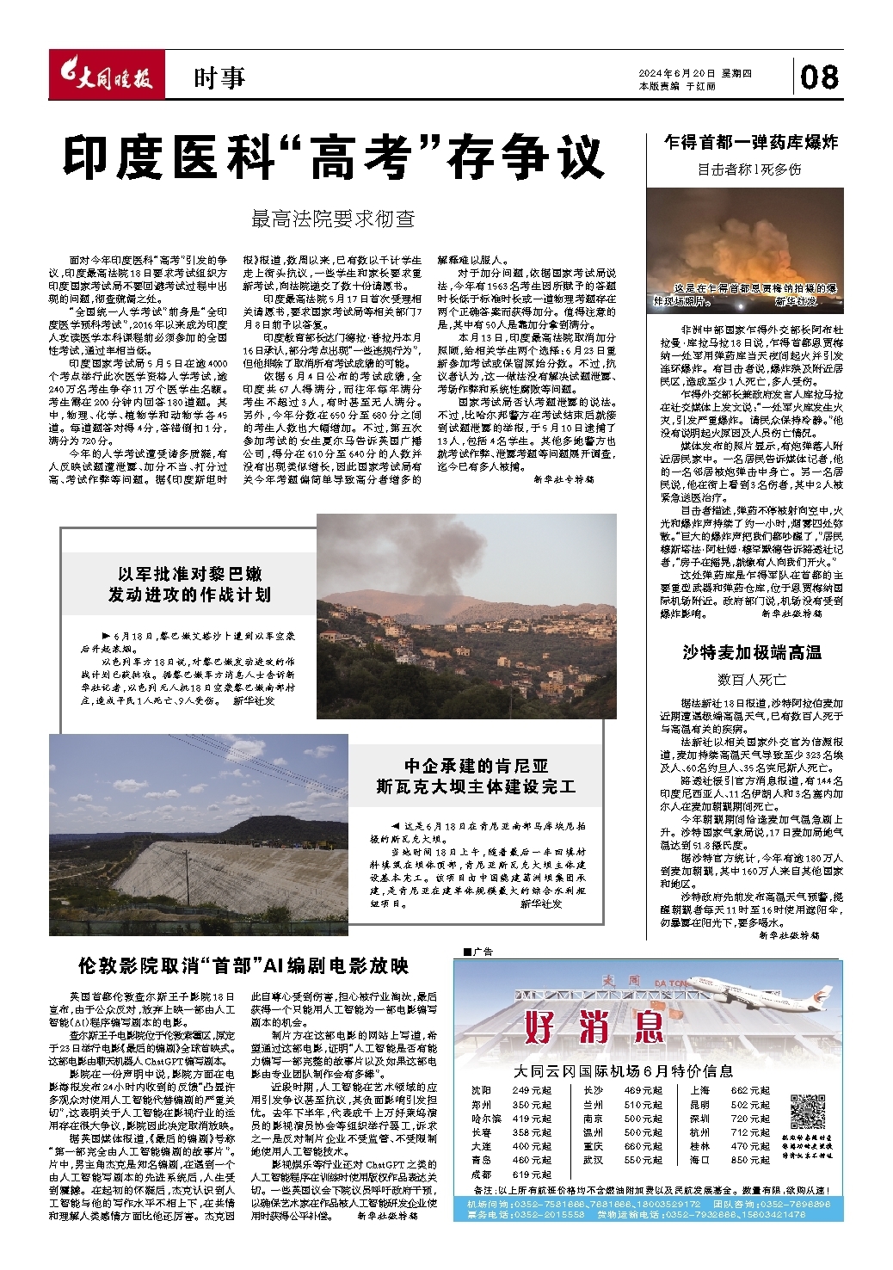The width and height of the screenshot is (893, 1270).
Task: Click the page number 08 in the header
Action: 819,77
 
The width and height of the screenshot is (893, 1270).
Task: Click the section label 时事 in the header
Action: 219,78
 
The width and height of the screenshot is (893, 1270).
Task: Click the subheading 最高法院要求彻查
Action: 333,219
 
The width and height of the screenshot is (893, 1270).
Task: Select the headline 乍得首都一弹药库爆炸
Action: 751,142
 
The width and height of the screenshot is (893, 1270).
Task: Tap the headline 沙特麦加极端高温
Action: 751,652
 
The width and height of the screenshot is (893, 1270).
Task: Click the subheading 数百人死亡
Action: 751,679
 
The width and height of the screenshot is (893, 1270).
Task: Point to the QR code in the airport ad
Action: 807,1112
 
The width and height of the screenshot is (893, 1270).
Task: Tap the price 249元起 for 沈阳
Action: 532,1090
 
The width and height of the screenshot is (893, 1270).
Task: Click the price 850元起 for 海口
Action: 750,1160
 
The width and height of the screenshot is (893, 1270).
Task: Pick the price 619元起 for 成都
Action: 532,1174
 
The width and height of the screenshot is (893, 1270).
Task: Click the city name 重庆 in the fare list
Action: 594,1146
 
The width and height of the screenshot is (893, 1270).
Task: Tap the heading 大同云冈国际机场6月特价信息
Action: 623,1071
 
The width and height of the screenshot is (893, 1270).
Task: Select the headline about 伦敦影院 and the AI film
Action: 243,965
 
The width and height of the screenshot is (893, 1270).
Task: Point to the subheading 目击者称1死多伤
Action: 751,170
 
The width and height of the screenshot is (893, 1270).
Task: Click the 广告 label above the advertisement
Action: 479,952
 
